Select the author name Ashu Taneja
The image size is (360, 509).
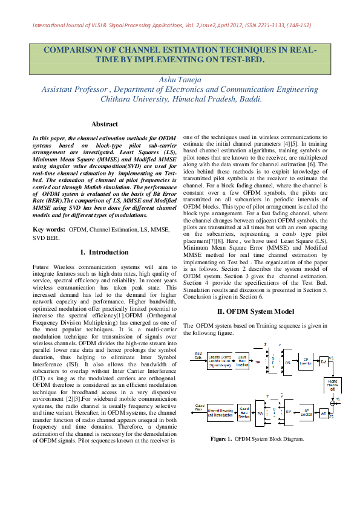pos(180,80)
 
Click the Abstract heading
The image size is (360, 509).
pos(104,124)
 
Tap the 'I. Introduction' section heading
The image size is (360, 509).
pos(104,251)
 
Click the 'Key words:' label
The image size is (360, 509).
pos(49,230)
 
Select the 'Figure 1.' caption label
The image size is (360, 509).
pos(221,438)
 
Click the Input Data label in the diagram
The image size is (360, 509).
pos(198,355)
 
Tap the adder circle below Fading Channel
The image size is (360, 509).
pos(332,403)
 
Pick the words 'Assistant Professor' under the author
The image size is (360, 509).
pos(75,89)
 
